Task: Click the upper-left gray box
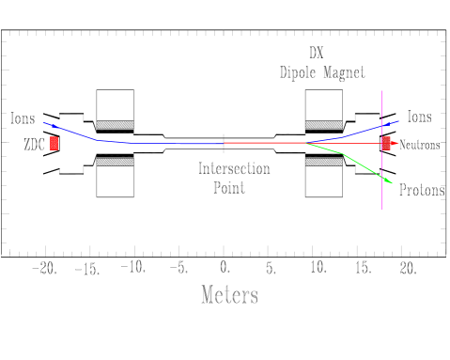point(116,108)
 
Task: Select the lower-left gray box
point(116,178)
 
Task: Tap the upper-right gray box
point(323,108)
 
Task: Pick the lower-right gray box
point(323,178)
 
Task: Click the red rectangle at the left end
point(54,143)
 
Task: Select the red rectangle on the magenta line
point(386,143)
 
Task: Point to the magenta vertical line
point(381,188)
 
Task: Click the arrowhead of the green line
point(388,180)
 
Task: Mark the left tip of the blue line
point(44,122)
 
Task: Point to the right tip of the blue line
point(398,120)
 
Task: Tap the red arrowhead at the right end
point(396,143)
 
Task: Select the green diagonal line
point(365,166)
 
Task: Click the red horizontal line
point(272,143)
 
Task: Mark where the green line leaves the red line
point(306,143)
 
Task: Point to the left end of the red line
point(225,143)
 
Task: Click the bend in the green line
point(342,153)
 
